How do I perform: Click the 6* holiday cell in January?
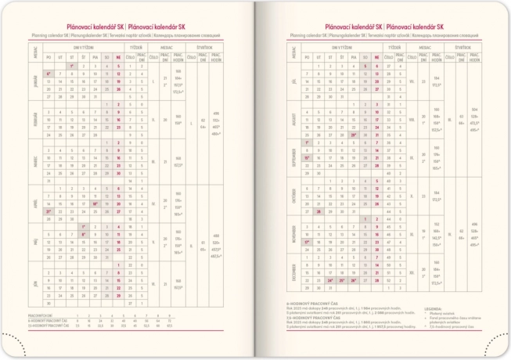[x=49, y=74]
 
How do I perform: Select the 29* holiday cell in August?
[x=354, y=135]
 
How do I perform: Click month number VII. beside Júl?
[x=390, y=81]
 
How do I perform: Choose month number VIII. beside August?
[x=390, y=120]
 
